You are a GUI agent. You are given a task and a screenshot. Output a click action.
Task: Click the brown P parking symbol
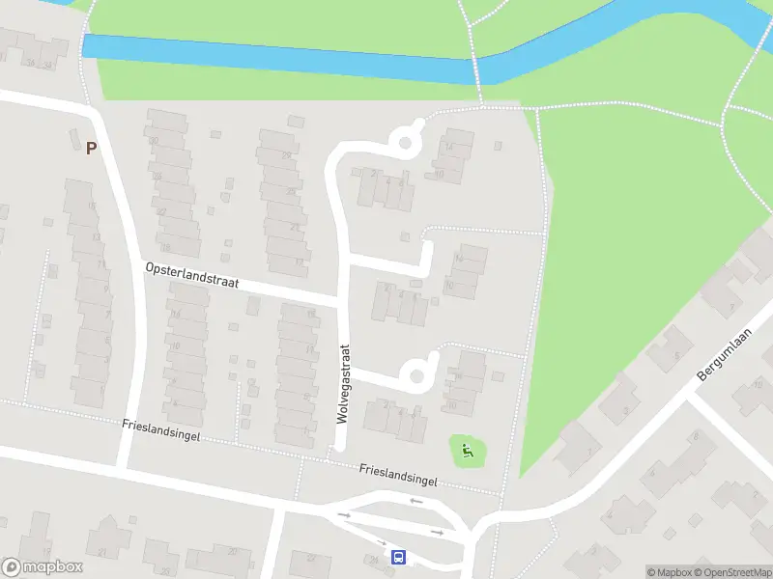tap(92, 149)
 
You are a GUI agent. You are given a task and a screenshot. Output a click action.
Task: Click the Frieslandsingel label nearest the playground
tap(398, 475)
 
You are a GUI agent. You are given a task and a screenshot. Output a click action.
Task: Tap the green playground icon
tap(468, 449)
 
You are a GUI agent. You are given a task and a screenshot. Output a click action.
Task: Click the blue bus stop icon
tap(398, 557)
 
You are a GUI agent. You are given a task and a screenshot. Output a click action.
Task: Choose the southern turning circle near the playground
tap(416, 373)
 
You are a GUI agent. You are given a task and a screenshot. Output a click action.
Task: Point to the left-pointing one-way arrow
tap(415, 501)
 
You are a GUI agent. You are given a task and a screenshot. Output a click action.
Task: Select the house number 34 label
tap(31, 64)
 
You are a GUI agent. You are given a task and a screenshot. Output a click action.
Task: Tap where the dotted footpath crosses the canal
tap(475, 69)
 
